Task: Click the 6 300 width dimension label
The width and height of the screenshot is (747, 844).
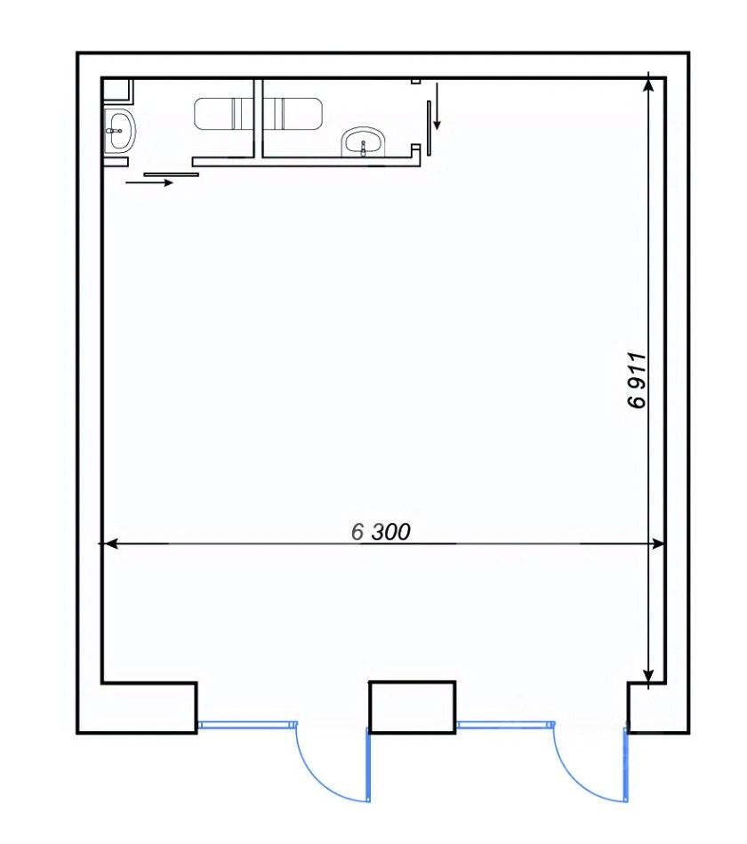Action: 381,532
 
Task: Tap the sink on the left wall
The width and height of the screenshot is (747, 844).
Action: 119,130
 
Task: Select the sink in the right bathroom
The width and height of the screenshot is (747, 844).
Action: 364,142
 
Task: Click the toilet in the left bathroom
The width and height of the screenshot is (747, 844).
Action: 224,114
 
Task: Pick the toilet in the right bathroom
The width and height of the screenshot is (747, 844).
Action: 293,114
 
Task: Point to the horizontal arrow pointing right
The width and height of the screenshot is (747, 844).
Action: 149,183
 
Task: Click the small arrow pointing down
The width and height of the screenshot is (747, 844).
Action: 437,106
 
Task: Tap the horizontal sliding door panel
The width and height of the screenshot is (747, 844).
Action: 171,174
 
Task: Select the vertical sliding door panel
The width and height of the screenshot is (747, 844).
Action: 429,128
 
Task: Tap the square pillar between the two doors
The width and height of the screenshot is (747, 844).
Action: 413,707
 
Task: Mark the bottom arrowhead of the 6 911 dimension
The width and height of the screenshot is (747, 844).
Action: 648,676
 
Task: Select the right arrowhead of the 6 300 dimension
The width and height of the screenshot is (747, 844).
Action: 658,544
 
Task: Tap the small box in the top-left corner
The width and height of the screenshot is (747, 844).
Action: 117,91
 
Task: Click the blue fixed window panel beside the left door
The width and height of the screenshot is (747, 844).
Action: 247,725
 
